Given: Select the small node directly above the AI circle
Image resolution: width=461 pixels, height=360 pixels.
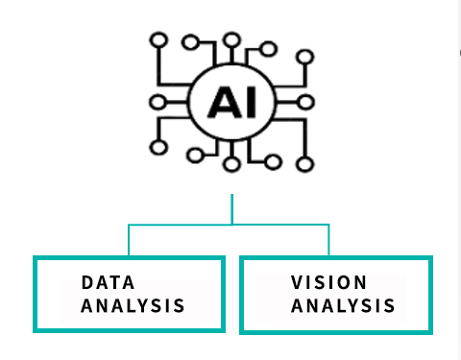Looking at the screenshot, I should click(x=230, y=40).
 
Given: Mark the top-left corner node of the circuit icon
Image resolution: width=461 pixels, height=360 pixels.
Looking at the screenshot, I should click(x=159, y=40).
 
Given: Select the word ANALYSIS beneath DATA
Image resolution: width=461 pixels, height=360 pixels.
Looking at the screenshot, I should click(x=133, y=306).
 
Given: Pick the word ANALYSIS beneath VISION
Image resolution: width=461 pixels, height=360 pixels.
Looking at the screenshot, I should click(x=343, y=306).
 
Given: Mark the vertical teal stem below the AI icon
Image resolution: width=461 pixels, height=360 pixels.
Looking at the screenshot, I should click(x=231, y=209).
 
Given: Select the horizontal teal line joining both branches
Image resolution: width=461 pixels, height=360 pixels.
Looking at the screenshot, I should click(x=230, y=225).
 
